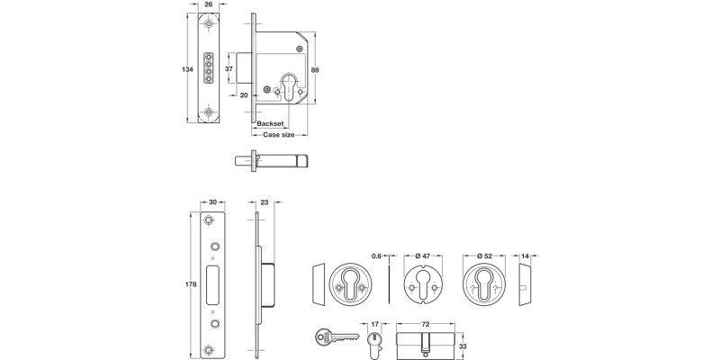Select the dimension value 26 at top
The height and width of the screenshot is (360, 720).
[x=209, y=4]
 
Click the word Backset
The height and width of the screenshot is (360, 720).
[x=271, y=123]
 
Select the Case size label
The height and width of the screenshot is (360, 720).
[x=278, y=135]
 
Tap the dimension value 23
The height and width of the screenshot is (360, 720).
[x=264, y=203]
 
